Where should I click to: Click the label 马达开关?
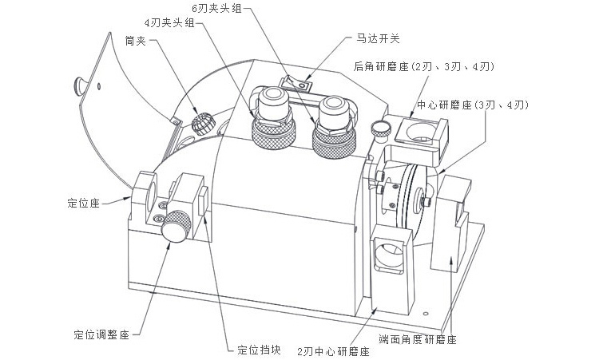(378, 38)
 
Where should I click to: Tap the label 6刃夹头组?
(216, 9)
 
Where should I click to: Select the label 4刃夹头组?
(169, 23)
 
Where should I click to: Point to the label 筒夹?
(135, 41)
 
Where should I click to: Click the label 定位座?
(83, 203)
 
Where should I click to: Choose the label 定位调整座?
(101, 334)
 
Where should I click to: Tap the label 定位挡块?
(259, 350)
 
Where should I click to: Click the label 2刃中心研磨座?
(334, 351)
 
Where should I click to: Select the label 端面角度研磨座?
(418, 339)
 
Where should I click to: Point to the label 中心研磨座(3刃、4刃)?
(473, 105)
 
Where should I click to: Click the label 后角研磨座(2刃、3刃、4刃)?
(424, 67)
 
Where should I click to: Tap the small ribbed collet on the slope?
(203, 123)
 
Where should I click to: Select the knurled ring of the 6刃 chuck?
(335, 143)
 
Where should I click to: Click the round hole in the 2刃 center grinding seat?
(389, 254)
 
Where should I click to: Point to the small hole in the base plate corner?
(426, 314)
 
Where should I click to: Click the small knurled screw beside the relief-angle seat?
(380, 129)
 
